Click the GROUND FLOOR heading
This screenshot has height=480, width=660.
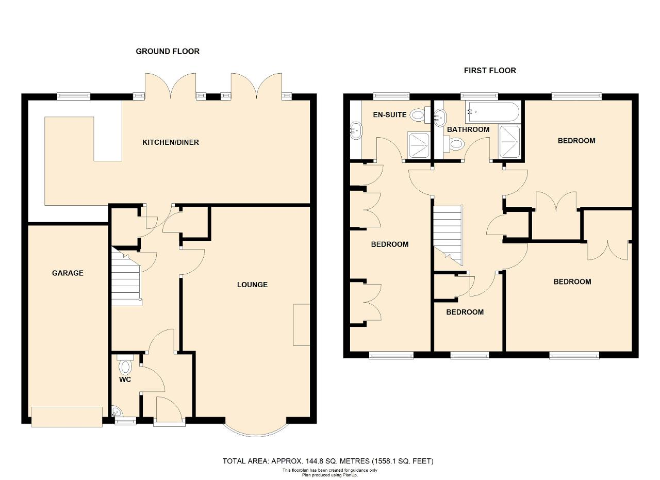point(168,52)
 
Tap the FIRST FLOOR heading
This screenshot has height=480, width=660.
point(490,71)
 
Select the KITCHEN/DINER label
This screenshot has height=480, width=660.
point(171,143)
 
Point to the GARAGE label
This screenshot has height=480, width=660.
point(68,273)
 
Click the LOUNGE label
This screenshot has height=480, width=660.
point(252,285)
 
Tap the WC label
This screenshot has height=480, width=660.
point(125,379)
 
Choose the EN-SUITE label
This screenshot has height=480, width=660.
point(389,114)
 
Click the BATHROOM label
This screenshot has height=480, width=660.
point(468,129)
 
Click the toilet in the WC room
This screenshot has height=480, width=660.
point(125,365)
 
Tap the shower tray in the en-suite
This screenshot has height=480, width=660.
point(418,145)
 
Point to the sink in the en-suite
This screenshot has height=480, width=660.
point(356,130)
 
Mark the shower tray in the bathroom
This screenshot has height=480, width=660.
point(509,142)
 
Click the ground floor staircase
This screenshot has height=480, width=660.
point(127,277)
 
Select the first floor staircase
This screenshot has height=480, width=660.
point(448,235)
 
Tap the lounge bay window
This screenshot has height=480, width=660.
point(255,427)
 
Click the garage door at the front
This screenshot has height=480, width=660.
point(67,417)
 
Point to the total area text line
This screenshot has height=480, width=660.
point(327,461)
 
